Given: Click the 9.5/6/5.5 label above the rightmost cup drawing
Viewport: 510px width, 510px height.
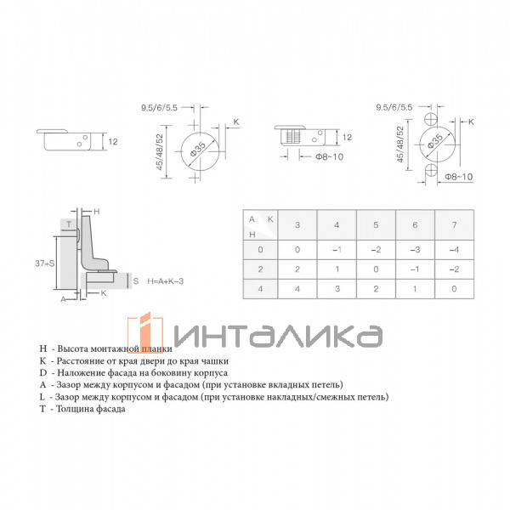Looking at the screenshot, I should (x=395, y=108).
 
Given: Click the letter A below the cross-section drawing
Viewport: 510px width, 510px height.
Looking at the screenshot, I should (x=63, y=299).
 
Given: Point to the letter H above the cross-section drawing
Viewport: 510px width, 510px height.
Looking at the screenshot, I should (x=96, y=210).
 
